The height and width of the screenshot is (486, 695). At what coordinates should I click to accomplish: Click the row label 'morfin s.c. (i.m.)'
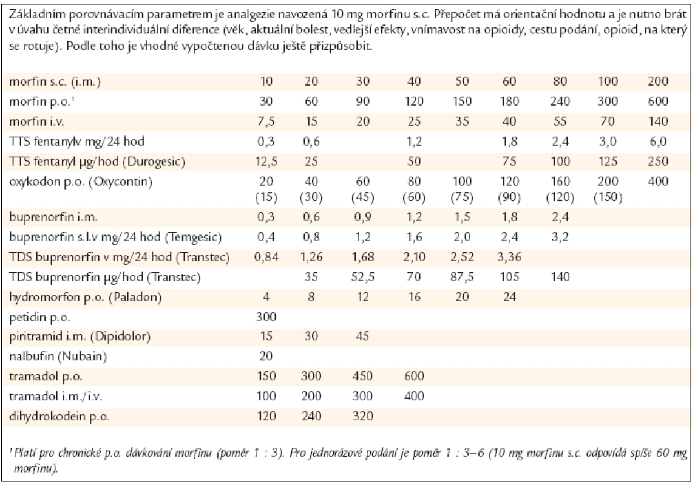tap(55, 81)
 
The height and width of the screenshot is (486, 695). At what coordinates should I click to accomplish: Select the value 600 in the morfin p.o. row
tap(658, 101)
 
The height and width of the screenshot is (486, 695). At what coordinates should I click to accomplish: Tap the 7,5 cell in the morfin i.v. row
tap(266, 122)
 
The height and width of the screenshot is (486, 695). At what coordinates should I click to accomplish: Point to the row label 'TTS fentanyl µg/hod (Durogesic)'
tap(97, 162)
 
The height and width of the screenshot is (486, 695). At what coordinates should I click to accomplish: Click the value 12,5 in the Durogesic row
tap(266, 162)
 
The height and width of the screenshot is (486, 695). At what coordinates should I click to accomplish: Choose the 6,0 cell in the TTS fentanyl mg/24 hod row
tap(658, 142)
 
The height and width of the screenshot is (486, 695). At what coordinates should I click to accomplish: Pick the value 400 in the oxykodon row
tap(658, 182)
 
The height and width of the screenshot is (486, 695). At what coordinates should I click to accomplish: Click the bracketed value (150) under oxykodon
tap(608, 197)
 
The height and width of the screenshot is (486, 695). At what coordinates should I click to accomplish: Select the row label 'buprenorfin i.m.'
tap(53, 217)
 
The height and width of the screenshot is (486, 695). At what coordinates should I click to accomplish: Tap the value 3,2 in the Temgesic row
tap(560, 238)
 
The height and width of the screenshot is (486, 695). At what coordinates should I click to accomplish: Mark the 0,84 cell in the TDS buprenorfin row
tap(266, 257)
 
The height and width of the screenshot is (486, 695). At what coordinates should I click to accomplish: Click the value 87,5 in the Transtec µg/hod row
tap(462, 277)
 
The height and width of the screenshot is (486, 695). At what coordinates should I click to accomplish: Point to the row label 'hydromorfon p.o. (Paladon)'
tap(86, 297)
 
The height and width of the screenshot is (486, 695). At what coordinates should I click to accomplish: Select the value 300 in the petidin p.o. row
tap(266, 317)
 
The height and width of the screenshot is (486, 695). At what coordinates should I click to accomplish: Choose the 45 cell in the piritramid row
tap(362, 336)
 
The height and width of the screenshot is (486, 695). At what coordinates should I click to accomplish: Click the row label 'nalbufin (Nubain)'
tap(58, 356)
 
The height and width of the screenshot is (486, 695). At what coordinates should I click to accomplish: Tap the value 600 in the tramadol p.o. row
tap(414, 377)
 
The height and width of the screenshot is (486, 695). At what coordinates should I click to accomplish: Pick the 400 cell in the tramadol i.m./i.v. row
tap(414, 396)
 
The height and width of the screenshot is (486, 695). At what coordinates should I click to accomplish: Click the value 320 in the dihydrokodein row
tap(362, 416)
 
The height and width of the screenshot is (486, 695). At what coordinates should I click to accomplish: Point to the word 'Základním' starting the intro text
tap(33, 15)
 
